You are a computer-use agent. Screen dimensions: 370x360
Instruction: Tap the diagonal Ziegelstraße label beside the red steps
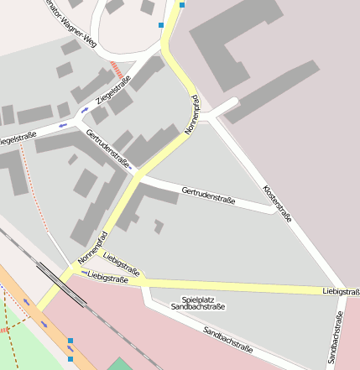(113, 93)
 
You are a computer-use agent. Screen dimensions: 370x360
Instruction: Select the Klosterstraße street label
(278, 203)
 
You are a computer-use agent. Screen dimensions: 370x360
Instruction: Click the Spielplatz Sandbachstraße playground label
(198, 304)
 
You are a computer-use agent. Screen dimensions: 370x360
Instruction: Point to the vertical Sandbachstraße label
(336, 338)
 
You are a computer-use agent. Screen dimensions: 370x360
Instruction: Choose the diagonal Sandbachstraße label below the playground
(227, 339)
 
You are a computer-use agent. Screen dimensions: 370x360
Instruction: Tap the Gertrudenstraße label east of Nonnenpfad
(207, 196)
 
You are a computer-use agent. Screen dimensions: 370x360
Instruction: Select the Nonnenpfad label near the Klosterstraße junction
(191, 115)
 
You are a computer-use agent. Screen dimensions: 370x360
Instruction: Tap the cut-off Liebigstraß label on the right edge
(341, 291)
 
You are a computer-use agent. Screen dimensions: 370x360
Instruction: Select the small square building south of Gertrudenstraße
(159, 226)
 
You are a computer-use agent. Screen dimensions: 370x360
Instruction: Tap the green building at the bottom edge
(120, 363)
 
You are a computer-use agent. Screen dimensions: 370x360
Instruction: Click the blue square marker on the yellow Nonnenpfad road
(181, 4)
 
